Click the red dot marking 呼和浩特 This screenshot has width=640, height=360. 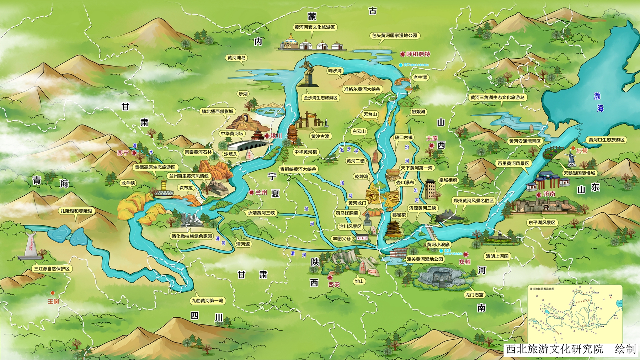click(402, 54)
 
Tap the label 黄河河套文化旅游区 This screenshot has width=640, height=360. click(314, 27)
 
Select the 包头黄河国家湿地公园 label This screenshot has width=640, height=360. click(394, 36)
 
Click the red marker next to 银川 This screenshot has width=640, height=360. click(267, 136)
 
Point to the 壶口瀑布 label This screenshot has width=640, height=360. click(405, 182)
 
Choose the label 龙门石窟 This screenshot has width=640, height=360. click(474, 295)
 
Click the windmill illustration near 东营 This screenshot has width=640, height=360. click(571, 157)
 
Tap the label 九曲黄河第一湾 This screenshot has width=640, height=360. click(207, 301)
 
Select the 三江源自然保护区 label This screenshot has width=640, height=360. click(52, 269)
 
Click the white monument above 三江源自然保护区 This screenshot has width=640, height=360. click(30, 245)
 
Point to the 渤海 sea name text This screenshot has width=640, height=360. click(598, 102)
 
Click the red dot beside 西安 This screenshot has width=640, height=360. click(330, 277)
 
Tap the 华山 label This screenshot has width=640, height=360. click(359, 281)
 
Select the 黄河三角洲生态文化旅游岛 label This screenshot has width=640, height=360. click(497, 97)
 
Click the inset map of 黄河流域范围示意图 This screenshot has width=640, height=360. click(574, 314)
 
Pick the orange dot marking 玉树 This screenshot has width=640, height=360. click(53, 293)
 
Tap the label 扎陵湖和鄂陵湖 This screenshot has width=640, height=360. click(76, 211)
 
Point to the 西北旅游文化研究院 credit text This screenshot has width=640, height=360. click(554, 349)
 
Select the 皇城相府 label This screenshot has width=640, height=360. click(448, 180)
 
